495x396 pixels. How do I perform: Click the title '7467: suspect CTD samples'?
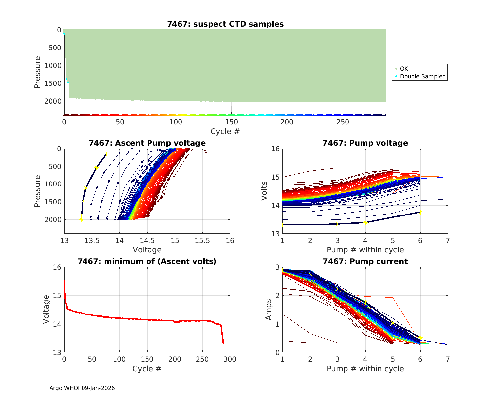(x=225, y=24)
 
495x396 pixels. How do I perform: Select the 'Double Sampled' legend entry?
(x=422, y=76)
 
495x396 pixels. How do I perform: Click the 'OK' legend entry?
(x=404, y=69)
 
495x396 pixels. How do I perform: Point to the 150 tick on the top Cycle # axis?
(x=231, y=122)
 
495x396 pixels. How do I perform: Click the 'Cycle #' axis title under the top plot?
(x=225, y=131)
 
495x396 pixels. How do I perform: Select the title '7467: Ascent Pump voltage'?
(x=147, y=143)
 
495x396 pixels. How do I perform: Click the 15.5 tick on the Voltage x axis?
(x=202, y=241)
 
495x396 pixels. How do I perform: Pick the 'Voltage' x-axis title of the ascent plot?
(x=147, y=250)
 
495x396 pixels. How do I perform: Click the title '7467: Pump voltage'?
(x=365, y=143)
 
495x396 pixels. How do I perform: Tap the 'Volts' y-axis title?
(x=264, y=191)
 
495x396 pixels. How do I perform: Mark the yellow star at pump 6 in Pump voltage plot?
(x=420, y=212)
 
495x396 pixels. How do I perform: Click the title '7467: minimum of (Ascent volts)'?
(x=147, y=261)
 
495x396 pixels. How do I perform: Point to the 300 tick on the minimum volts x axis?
(x=230, y=359)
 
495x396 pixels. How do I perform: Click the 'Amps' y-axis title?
(x=269, y=310)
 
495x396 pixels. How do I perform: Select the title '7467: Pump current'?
(x=365, y=261)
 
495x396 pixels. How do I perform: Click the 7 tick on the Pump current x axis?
(x=448, y=359)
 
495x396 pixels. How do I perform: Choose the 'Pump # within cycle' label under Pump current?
(x=365, y=369)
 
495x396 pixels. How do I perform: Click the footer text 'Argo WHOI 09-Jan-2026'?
(x=82, y=388)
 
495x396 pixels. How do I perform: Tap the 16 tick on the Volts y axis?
(x=276, y=149)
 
